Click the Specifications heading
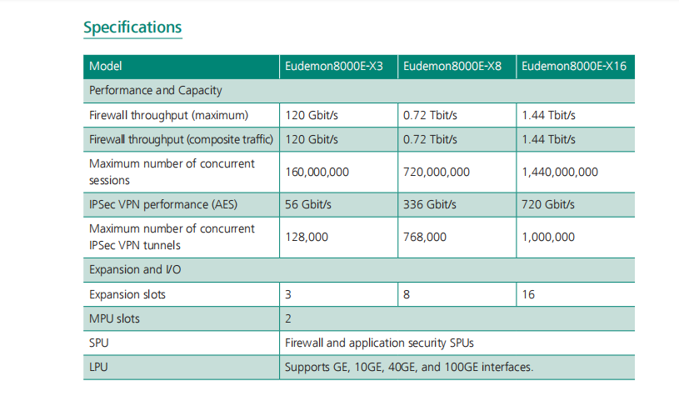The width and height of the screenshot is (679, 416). click(132, 28)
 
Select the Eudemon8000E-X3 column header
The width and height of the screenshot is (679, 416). click(334, 67)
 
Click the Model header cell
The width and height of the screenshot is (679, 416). click(106, 67)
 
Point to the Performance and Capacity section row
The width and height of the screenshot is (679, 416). click(156, 90)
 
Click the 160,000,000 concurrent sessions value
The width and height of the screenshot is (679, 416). click(317, 172)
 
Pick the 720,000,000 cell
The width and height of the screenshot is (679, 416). click(437, 172)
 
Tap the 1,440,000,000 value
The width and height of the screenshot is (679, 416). click(560, 172)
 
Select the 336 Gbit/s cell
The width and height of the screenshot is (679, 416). click(432, 204)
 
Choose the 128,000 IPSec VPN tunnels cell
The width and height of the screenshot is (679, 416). click(307, 237)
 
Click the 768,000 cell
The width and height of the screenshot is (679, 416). click(425, 237)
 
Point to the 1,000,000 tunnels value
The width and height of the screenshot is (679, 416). click(548, 237)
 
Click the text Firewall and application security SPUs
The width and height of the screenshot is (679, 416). click(379, 343)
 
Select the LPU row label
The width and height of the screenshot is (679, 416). click(100, 367)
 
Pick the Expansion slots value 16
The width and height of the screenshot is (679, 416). click(528, 294)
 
